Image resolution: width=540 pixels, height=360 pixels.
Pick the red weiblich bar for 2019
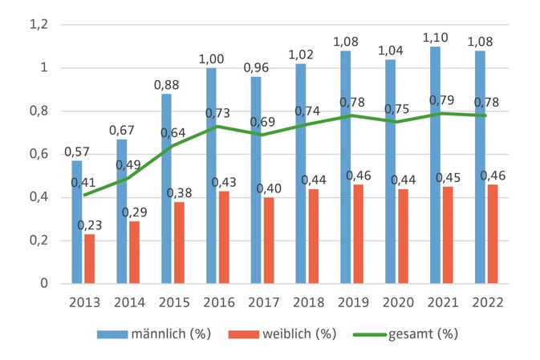(x=359, y=234)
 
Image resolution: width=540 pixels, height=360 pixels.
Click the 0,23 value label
(x=88, y=224)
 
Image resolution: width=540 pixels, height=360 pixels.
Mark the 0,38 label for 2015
(x=178, y=192)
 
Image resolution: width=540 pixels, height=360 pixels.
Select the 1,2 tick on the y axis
(x=39, y=26)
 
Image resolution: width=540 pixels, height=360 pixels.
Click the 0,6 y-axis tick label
(x=39, y=155)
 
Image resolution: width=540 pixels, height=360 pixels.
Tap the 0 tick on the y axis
(x=44, y=284)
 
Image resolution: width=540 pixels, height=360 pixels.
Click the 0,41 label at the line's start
(x=83, y=183)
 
